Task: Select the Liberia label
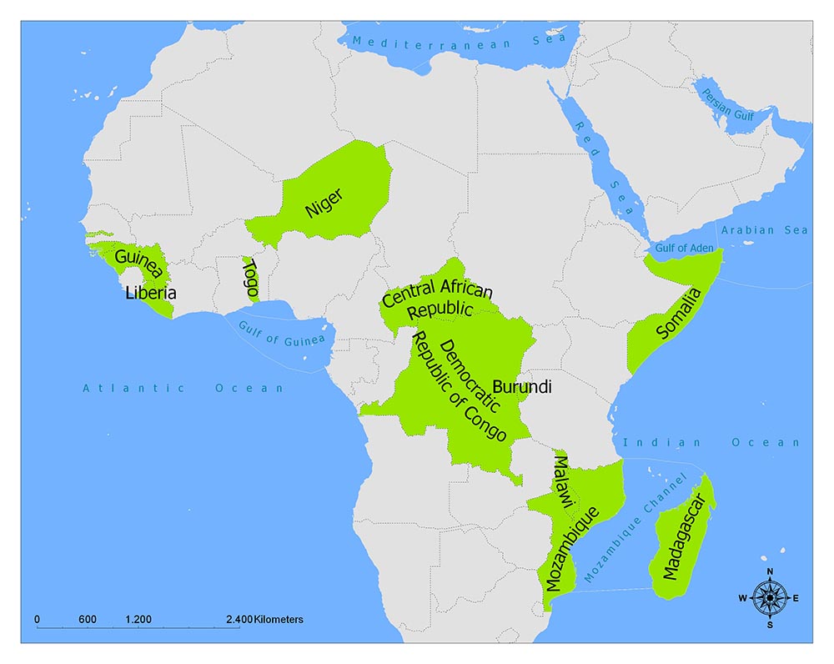[150, 293]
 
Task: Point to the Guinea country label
[138, 264]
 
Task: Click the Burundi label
[522, 387]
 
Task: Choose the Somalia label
[679, 314]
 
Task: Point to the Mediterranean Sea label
[458, 40]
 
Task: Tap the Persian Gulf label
[728, 106]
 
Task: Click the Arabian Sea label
[765, 230]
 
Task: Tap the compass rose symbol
[770, 597]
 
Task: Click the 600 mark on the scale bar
[88, 620]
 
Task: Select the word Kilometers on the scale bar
[278, 620]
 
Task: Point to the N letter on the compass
[770, 571]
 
